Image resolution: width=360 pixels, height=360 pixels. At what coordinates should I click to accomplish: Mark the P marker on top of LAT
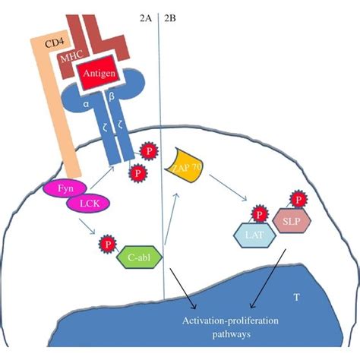pyautogui.click(x=257, y=216)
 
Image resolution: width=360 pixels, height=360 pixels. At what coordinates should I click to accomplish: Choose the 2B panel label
pyautogui.click(x=171, y=14)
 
